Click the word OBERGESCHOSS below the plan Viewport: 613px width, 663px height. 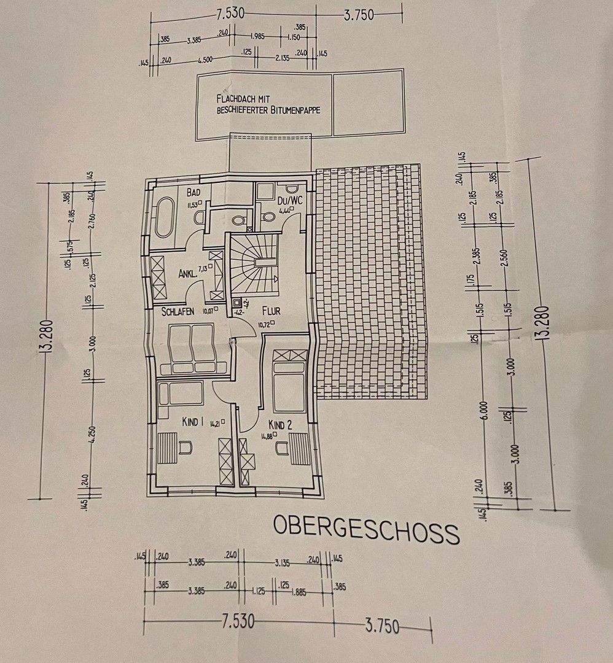coord(366,529)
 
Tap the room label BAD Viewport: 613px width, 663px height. coord(195,192)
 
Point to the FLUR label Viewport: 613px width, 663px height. coord(270,311)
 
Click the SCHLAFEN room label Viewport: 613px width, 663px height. coord(178,312)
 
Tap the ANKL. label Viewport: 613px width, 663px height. coord(188,274)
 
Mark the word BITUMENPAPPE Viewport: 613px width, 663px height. coord(293,110)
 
